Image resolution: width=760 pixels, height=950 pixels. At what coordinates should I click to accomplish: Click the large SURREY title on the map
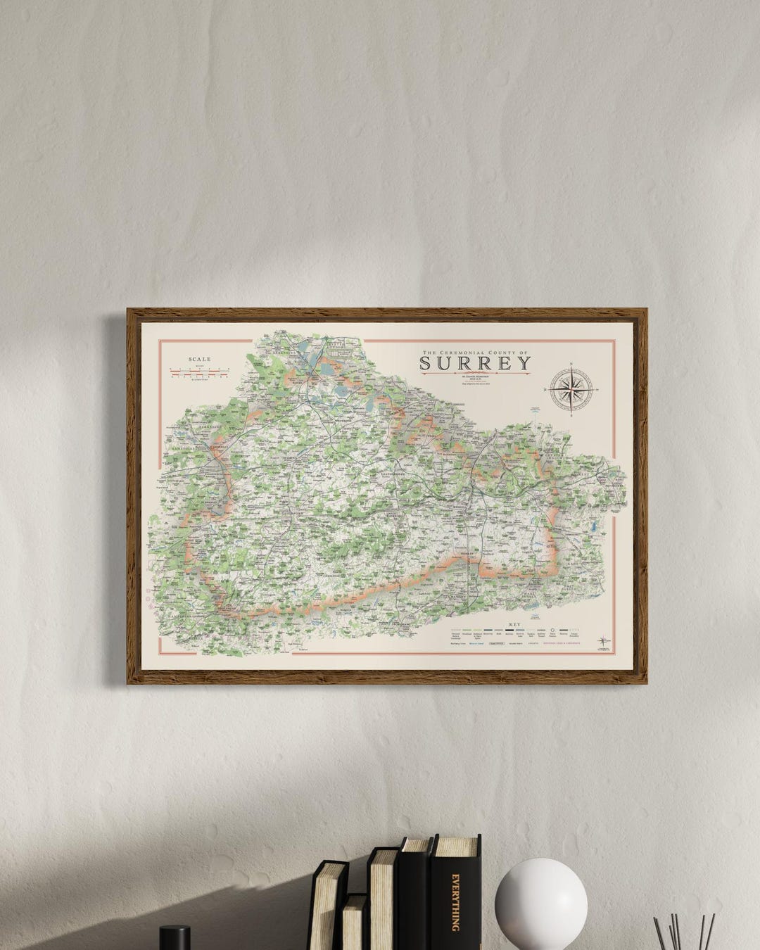(475, 363)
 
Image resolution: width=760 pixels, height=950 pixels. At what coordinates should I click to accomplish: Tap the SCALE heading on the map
(199, 359)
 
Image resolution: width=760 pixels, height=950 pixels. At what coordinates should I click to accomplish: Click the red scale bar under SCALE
(199, 372)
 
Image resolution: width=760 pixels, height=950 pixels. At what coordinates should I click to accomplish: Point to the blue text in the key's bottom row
(476, 642)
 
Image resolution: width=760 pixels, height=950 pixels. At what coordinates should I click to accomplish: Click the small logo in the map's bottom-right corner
(604, 641)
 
